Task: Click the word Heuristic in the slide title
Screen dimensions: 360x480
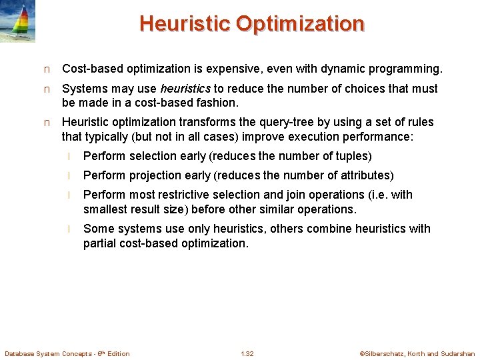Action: (185, 23)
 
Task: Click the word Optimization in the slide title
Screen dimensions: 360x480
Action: (300, 23)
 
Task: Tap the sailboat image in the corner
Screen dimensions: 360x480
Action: (18, 21)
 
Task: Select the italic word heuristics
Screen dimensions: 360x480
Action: (185, 89)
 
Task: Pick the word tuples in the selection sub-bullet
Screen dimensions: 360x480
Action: (351, 156)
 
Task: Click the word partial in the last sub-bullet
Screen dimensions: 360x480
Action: (101, 243)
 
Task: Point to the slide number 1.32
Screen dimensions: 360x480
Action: (247, 353)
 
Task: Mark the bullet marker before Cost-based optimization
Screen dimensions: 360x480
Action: (46, 69)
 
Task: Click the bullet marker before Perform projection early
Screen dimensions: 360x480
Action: (69, 176)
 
